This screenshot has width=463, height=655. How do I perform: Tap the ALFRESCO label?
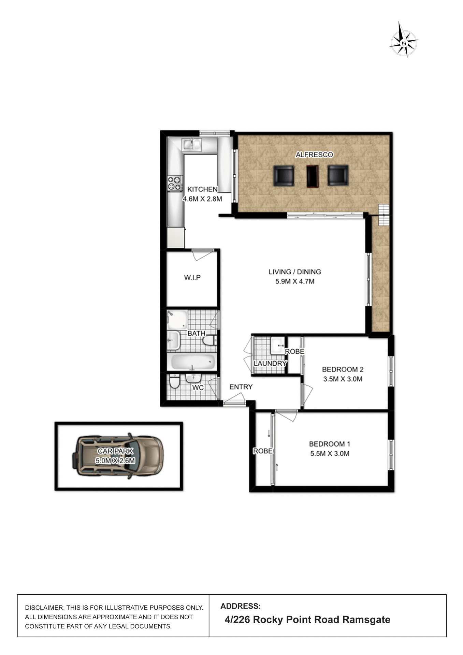pyautogui.click(x=314, y=155)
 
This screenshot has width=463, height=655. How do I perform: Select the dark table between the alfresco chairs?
pyautogui.click(x=312, y=176)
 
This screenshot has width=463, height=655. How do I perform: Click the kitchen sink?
pyautogui.click(x=192, y=144)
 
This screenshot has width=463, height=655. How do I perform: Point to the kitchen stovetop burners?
pyautogui.click(x=174, y=183)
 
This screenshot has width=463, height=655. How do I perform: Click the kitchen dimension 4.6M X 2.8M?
pyautogui.click(x=202, y=199)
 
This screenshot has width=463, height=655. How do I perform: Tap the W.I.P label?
pyautogui.click(x=192, y=278)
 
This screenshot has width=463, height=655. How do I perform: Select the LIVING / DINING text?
pyautogui.click(x=294, y=272)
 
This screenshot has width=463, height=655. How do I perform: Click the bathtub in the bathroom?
pyautogui.click(x=193, y=362)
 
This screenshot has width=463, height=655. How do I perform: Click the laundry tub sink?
pyautogui.click(x=277, y=345)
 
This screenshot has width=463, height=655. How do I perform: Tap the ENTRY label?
pyautogui.click(x=241, y=387)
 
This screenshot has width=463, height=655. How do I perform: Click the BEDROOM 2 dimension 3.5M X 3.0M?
pyautogui.click(x=343, y=379)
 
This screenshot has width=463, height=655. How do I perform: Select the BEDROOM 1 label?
pyautogui.click(x=329, y=444)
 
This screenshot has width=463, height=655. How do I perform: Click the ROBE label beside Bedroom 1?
pyautogui.click(x=263, y=451)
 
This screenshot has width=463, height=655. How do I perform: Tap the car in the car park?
pyautogui.click(x=118, y=456)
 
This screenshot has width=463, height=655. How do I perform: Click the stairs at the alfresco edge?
pyautogui.click(x=384, y=215)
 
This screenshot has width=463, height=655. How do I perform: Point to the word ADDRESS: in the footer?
pyautogui.click(x=241, y=606)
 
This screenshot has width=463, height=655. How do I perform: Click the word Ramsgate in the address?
pyautogui.click(x=366, y=620)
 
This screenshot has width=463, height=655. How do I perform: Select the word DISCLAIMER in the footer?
pyautogui.click(x=44, y=608)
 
